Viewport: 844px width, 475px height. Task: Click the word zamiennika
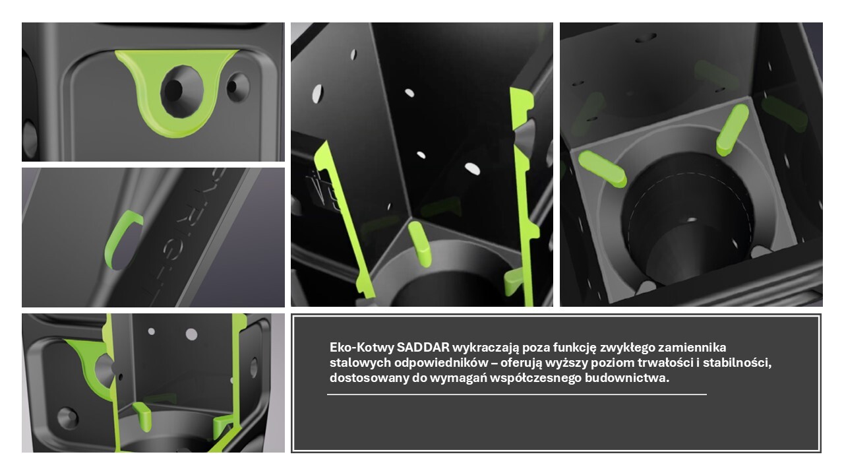point(692,347)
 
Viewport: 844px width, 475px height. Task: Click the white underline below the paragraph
point(517,395)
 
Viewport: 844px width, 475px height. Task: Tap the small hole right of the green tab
point(238,86)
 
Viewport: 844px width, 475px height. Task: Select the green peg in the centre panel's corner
point(419,244)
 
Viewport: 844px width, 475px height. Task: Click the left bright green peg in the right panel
point(602,168)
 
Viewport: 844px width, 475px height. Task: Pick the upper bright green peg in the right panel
point(733,129)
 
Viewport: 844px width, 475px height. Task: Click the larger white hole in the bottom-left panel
point(191,334)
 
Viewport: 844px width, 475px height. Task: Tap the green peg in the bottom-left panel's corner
point(142,416)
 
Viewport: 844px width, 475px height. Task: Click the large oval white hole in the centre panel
point(473,168)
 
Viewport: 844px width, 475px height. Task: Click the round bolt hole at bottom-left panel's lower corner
point(68,418)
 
